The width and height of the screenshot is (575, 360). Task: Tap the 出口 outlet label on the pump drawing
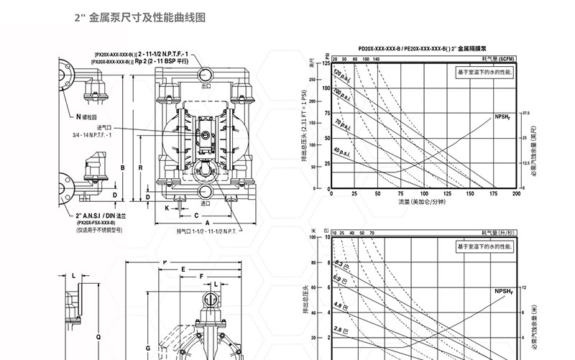[206, 85]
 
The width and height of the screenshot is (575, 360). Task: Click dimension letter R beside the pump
[139, 167]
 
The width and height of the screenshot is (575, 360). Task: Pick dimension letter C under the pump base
[195, 215]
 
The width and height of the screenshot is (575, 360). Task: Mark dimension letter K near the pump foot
[167, 208]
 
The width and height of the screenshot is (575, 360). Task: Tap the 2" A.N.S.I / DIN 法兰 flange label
[101, 216]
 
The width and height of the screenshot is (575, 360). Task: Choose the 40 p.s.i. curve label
[343, 151]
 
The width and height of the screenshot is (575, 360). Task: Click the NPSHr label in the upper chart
[502, 116]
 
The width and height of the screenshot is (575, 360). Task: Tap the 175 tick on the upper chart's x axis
[493, 195]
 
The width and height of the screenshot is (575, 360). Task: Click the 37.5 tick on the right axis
[525, 113]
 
